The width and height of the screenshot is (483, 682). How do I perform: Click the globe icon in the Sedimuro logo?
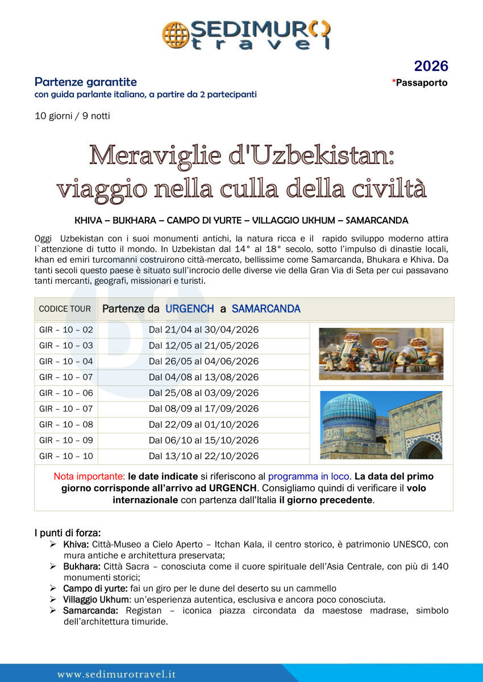point(175,35)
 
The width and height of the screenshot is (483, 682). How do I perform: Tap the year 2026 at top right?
point(431,66)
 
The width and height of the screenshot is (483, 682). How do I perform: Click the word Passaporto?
point(422,83)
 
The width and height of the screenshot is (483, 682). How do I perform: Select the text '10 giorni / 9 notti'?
point(72,116)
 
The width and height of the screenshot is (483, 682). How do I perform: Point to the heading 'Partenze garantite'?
point(85,82)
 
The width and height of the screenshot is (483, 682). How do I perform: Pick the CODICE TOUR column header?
point(65,309)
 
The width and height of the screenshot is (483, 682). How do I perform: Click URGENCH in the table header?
point(190,309)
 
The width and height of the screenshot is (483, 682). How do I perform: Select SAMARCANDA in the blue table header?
point(266,309)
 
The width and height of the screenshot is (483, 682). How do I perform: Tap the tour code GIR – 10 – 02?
point(66,330)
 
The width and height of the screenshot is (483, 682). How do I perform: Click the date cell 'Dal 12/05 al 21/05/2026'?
point(203,346)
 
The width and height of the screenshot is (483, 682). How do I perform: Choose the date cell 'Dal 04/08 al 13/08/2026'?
point(203,377)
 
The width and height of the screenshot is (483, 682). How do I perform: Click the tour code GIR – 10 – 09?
point(66,440)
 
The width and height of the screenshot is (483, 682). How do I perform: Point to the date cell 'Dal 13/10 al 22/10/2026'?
point(203,456)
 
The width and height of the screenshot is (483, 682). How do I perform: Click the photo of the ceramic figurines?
point(381,353)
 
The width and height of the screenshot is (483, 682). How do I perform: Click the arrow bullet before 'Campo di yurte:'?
point(52,588)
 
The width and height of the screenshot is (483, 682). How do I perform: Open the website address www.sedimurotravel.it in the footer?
point(116,674)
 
